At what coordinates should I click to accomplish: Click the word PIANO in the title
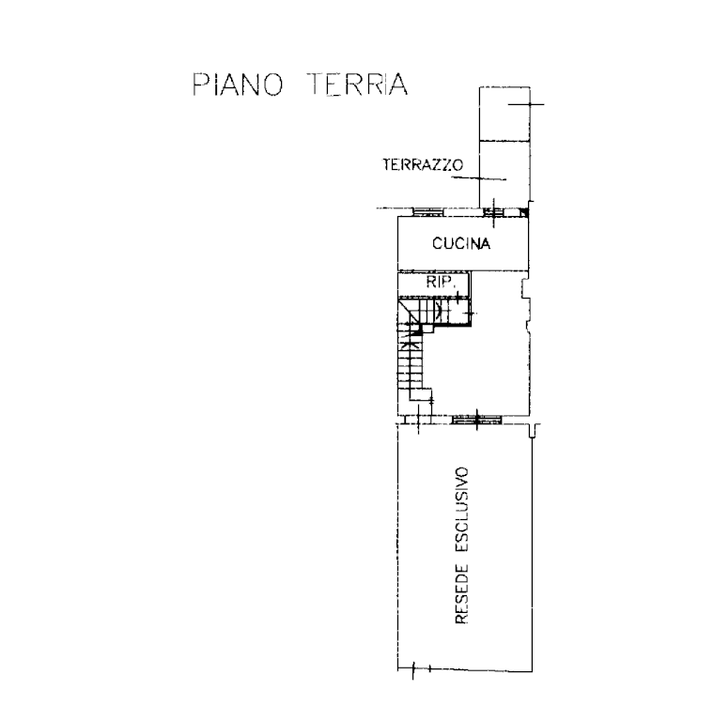(x=238, y=84)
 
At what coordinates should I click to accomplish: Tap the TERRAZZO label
(x=423, y=164)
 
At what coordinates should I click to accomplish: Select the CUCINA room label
(x=461, y=243)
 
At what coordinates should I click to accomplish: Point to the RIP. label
(x=441, y=283)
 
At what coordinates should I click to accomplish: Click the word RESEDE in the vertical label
(x=461, y=594)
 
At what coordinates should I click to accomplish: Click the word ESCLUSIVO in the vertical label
(x=461, y=510)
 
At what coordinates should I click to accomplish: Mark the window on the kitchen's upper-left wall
(x=427, y=212)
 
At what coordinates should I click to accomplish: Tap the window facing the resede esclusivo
(x=476, y=420)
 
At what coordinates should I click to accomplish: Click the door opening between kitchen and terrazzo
(x=494, y=213)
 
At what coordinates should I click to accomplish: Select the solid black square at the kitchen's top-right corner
(x=524, y=212)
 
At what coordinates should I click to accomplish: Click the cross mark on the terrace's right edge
(x=529, y=104)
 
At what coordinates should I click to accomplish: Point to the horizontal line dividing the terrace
(x=504, y=140)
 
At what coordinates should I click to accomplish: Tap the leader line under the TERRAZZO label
(x=478, y=178)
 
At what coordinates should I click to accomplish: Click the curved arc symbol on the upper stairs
(x=439, y=311)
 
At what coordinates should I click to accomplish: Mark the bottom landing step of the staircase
(x=421, y=395)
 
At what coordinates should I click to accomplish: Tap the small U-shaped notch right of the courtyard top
(x=533, y=431)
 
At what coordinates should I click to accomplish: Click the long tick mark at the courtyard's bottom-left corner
(x=413, y=670)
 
